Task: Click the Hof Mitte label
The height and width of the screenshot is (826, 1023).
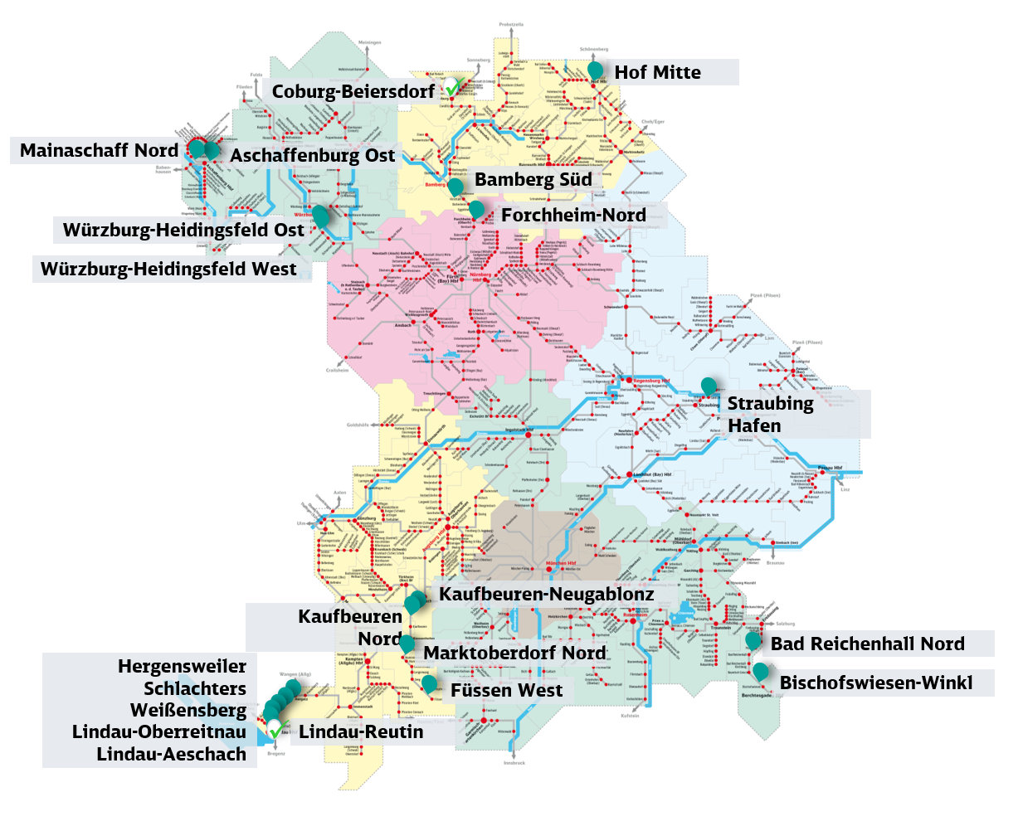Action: coord(657,72)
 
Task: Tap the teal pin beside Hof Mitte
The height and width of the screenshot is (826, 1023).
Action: coord(595,70)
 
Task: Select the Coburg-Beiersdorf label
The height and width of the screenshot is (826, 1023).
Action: coord(353,91)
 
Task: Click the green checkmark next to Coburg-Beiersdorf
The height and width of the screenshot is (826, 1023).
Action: coord(452,88)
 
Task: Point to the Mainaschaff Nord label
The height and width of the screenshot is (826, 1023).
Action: coord(99,150)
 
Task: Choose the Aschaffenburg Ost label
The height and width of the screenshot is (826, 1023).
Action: coord(312,155)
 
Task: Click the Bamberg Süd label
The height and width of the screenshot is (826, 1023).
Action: coord(533,179)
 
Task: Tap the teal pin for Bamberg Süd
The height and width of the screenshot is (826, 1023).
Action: coord(455,187)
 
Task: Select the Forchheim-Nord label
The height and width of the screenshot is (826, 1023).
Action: coord(573,215)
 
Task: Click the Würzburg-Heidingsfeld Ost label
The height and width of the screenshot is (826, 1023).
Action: coord(183,230)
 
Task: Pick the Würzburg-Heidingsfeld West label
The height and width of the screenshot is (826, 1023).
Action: coord(168,269)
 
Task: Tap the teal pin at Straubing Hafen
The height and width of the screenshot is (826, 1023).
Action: coord(709,386)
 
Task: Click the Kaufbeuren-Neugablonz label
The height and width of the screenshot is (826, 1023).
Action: coord(546,594)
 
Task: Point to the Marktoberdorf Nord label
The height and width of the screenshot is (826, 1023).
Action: coord(514,653)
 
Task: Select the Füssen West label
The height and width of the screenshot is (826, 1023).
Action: coord(506,690)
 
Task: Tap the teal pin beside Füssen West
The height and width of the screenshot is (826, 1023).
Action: coord(429,683)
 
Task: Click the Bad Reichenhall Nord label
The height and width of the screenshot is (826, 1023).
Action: coord(867,644)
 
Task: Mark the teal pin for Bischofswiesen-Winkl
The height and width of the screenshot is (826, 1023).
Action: coord(760,670)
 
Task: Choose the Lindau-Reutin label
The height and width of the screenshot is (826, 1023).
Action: coord(361,731)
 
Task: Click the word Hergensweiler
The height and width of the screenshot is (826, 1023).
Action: coord(182,666)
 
